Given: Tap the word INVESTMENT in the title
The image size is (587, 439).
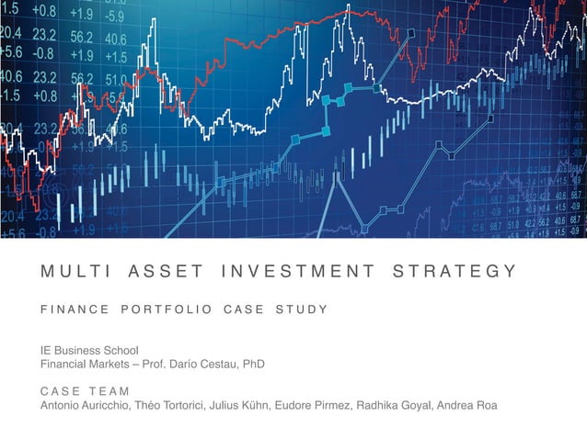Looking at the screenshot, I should (298, 271).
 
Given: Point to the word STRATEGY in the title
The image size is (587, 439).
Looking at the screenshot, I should (454, 271).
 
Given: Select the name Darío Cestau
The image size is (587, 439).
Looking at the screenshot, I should (203, 364).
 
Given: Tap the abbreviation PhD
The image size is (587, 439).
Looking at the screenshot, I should (253, 364).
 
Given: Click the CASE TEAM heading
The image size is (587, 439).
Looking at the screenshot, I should (85, 391).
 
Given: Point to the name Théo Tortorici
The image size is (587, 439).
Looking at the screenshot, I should (173, 406).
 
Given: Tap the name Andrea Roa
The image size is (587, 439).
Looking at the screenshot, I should (469, 406).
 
